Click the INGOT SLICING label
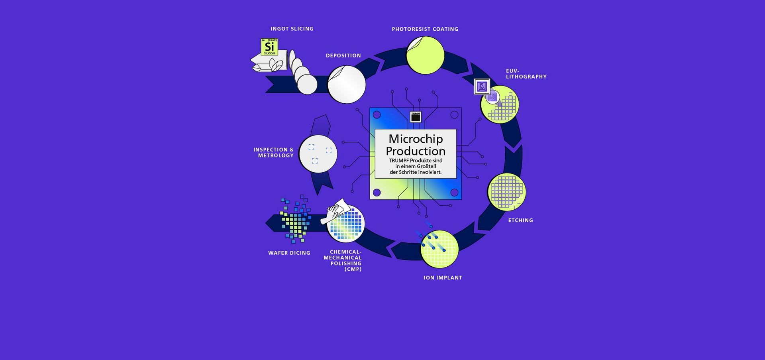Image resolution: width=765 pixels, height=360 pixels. coord(292,29)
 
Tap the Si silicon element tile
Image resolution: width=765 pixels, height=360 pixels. coord(269,47)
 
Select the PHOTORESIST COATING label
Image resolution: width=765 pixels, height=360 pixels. coord(425,29)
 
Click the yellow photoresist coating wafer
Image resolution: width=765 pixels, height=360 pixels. coord(425,55)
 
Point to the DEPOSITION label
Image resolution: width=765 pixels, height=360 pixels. coord(343,56)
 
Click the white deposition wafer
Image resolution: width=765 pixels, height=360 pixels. coord(346,85)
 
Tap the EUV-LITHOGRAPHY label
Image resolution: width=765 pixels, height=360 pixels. coord(526,74)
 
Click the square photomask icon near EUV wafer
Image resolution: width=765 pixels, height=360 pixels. coord(482,87)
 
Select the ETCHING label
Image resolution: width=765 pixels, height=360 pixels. coord(520,220)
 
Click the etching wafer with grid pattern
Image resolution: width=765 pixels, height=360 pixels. coord(506,192)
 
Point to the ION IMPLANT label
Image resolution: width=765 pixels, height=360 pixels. coord(443,278)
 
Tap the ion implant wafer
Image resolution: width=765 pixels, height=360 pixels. coord(439,249)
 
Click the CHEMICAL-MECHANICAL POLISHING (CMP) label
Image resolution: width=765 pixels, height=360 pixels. coord(343,260)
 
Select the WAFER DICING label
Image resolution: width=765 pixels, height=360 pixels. coord(289,253)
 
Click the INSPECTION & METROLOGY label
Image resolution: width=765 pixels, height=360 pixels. coord(274,153)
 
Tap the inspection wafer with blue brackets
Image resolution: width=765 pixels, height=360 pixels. coord(318,154)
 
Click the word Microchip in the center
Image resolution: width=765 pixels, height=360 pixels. coord(416,139)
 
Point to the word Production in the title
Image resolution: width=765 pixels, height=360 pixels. coord(416,151)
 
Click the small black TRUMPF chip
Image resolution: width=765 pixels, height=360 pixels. coord(416,117)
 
